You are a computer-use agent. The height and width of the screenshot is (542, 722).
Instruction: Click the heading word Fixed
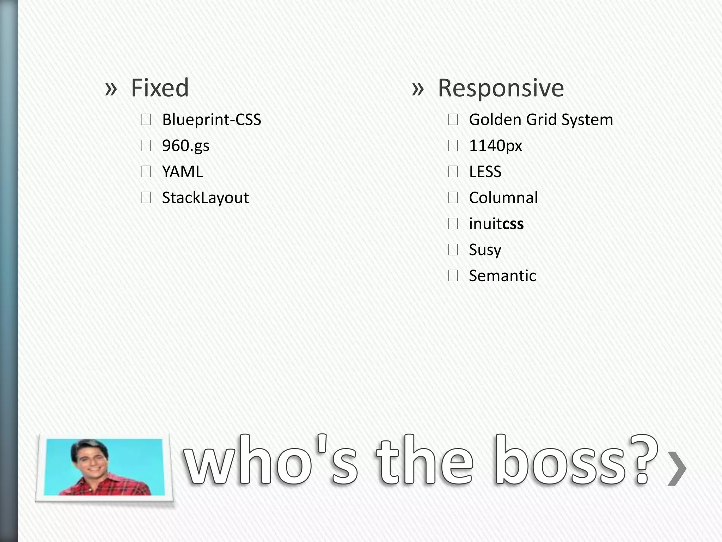pos(160,88)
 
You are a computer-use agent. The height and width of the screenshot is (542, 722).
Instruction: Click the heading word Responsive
pos(501,88)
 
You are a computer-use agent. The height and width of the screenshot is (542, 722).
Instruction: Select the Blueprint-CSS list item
pos(212,120)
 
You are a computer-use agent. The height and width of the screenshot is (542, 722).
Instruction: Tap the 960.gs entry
pos(185,146)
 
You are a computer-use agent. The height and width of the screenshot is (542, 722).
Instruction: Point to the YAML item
pos(182,172)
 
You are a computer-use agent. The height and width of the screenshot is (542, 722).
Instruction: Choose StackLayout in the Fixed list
pos(205,198)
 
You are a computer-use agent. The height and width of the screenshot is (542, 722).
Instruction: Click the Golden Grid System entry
pos(541,120)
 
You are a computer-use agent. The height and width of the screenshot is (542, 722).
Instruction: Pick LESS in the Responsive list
pos(485,172)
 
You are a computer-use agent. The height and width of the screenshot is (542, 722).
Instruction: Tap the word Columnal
pos(503,198)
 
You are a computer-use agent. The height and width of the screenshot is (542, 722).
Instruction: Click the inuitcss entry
pos(496,224)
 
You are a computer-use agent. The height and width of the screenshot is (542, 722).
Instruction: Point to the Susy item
pos(485,250)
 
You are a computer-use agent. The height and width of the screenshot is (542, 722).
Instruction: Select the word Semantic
pos(502,276)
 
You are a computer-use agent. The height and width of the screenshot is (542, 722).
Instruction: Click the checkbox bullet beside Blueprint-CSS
pos(146,120)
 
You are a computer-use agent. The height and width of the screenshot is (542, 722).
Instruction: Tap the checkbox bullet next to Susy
pos(453,250)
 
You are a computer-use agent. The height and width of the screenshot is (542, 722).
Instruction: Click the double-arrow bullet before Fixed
pos(111,89)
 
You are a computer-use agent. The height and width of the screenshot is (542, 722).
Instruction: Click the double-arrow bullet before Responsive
pos(417,89)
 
